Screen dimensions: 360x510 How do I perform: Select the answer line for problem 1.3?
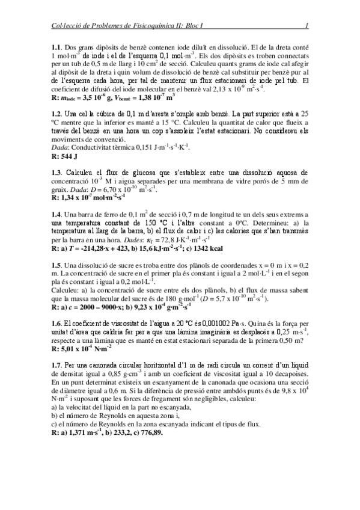(89, 197)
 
